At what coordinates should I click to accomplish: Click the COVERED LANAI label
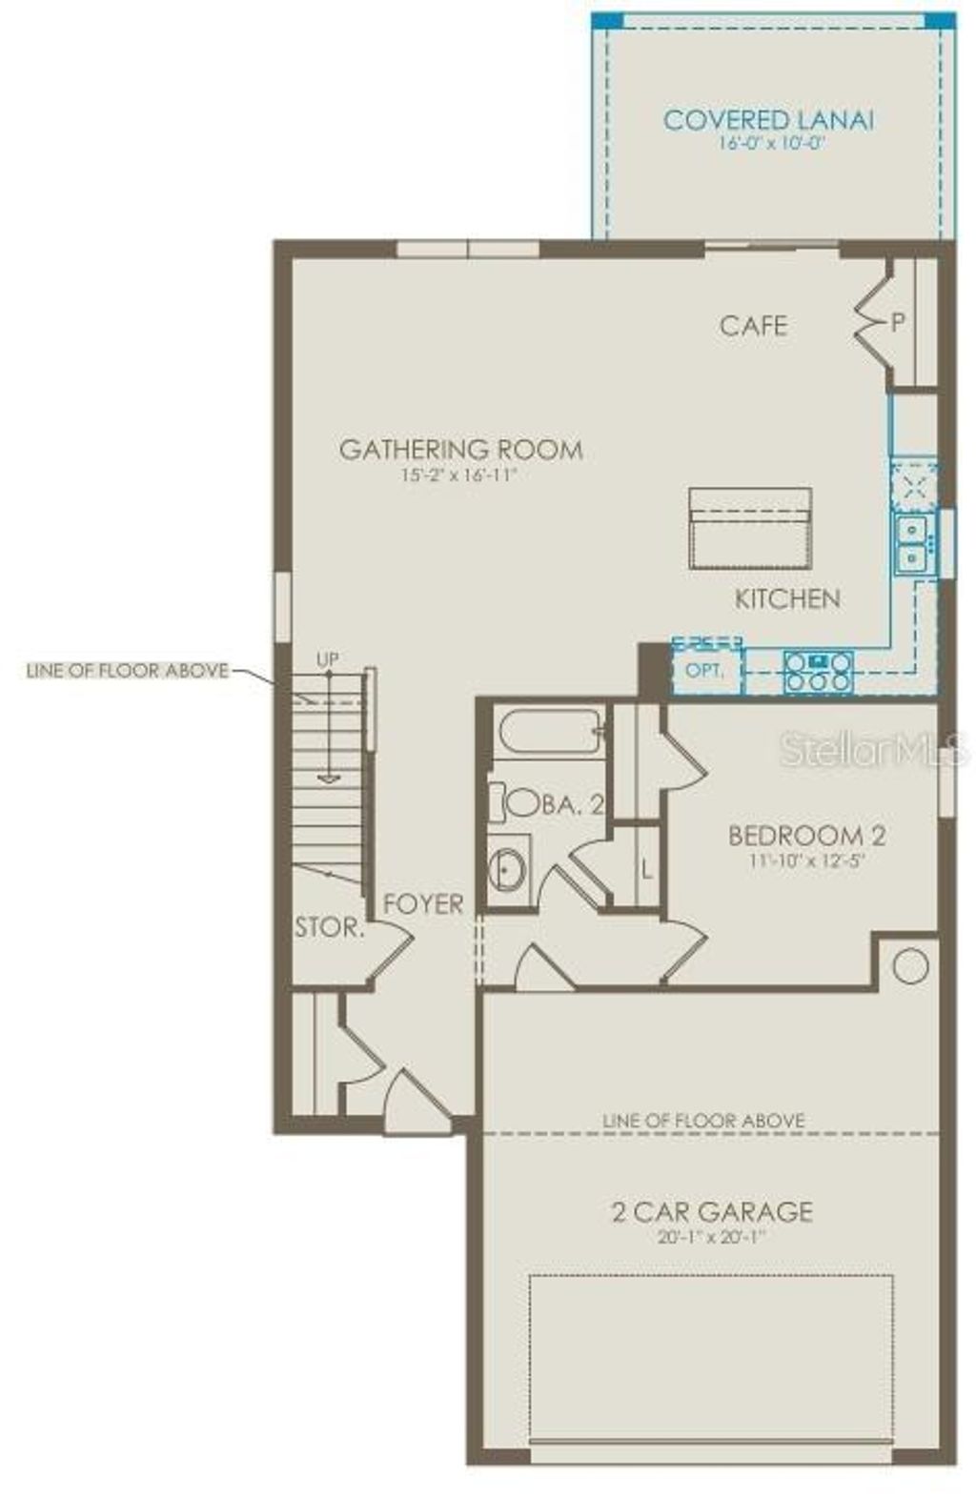768,121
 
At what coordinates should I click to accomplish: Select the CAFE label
753,326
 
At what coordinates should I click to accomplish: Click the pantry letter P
897,323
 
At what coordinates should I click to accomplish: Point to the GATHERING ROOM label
460,450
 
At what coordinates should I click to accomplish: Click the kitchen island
750,529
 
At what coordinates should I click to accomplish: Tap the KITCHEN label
787,599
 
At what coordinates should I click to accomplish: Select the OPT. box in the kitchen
705,670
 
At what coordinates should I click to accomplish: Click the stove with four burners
818,670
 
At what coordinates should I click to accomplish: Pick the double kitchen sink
912,542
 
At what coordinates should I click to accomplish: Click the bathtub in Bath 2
549,732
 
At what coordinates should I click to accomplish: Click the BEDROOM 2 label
806,836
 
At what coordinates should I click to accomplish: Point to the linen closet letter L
647,869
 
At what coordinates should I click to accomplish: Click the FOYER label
423,904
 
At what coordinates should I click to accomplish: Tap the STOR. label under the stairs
329,927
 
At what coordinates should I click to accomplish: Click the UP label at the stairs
327,659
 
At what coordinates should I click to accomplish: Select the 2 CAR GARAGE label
711,1212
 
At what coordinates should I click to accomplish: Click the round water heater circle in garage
910,966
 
